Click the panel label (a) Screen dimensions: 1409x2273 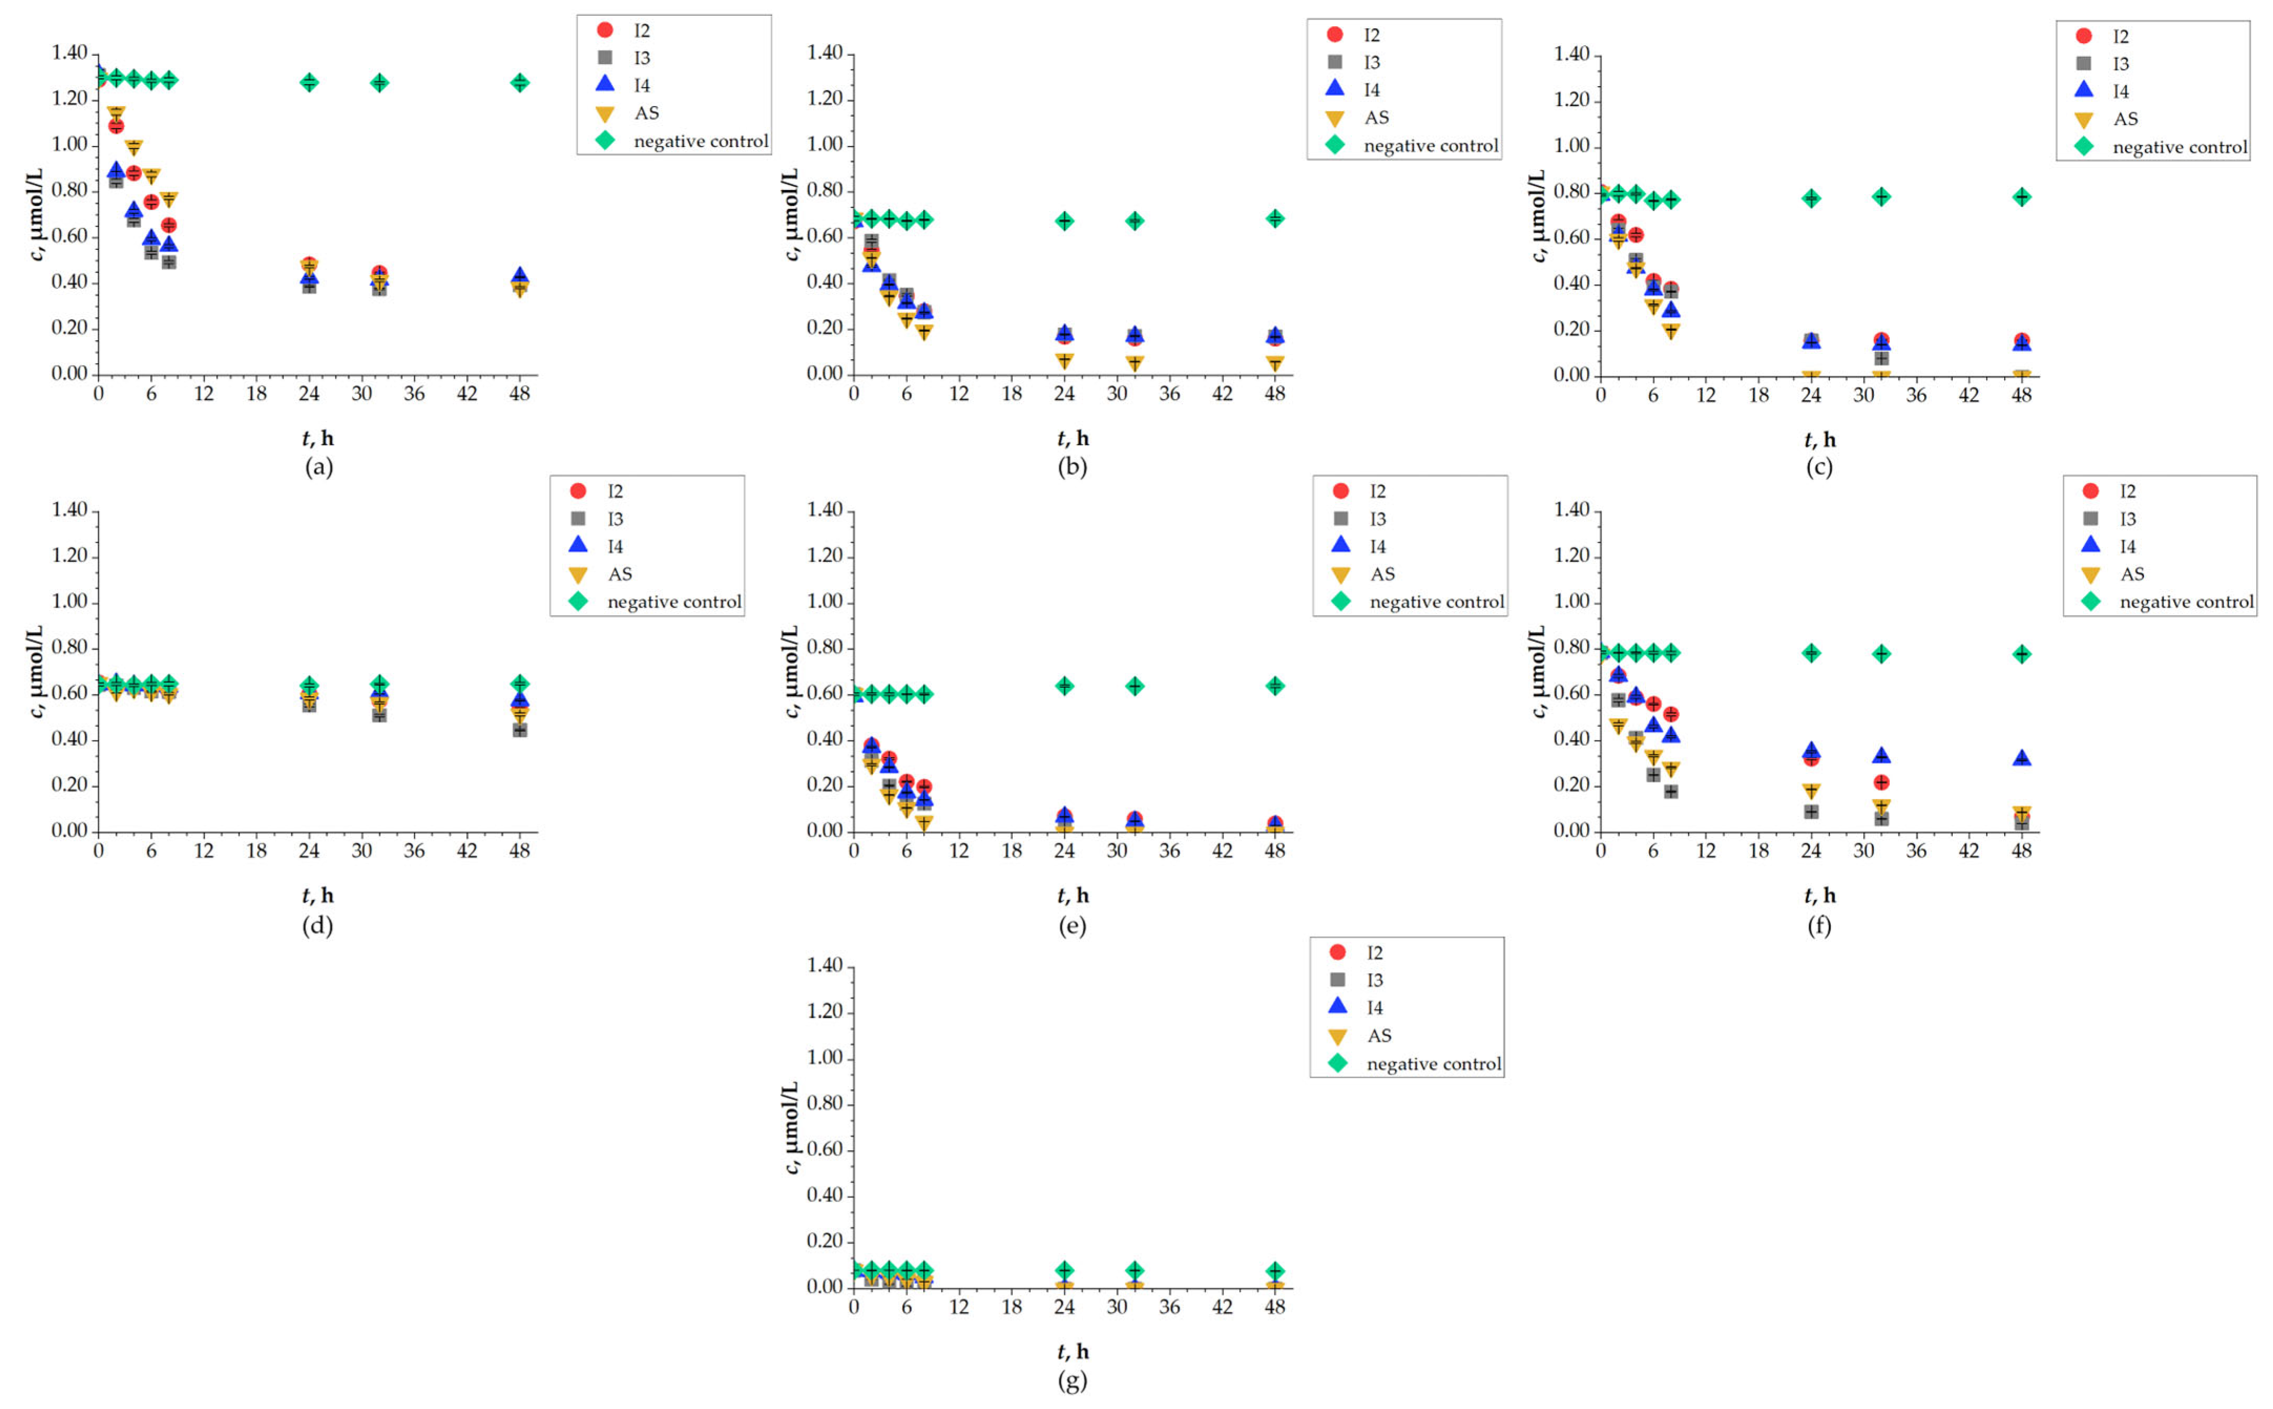click(x=319, y=467)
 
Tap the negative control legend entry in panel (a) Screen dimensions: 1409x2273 click(x=700, y=141)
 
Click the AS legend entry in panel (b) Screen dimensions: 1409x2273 click(x=1376, y=118)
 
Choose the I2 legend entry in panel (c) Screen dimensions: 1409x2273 click(x=2119, y=36)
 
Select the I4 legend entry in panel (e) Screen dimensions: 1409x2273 click(x=1377, y=546)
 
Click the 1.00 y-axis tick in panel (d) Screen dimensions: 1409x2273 click(x=69, y=601)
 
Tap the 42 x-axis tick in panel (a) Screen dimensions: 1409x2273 click(x=467, y=393)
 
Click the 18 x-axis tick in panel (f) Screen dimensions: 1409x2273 click(x=1758, y=850)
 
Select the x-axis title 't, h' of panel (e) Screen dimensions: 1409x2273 click(x=1073, y=896)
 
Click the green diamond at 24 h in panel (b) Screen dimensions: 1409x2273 click(x=1064, y=221)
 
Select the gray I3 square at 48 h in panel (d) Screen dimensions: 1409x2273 click(x=520, y=731)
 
